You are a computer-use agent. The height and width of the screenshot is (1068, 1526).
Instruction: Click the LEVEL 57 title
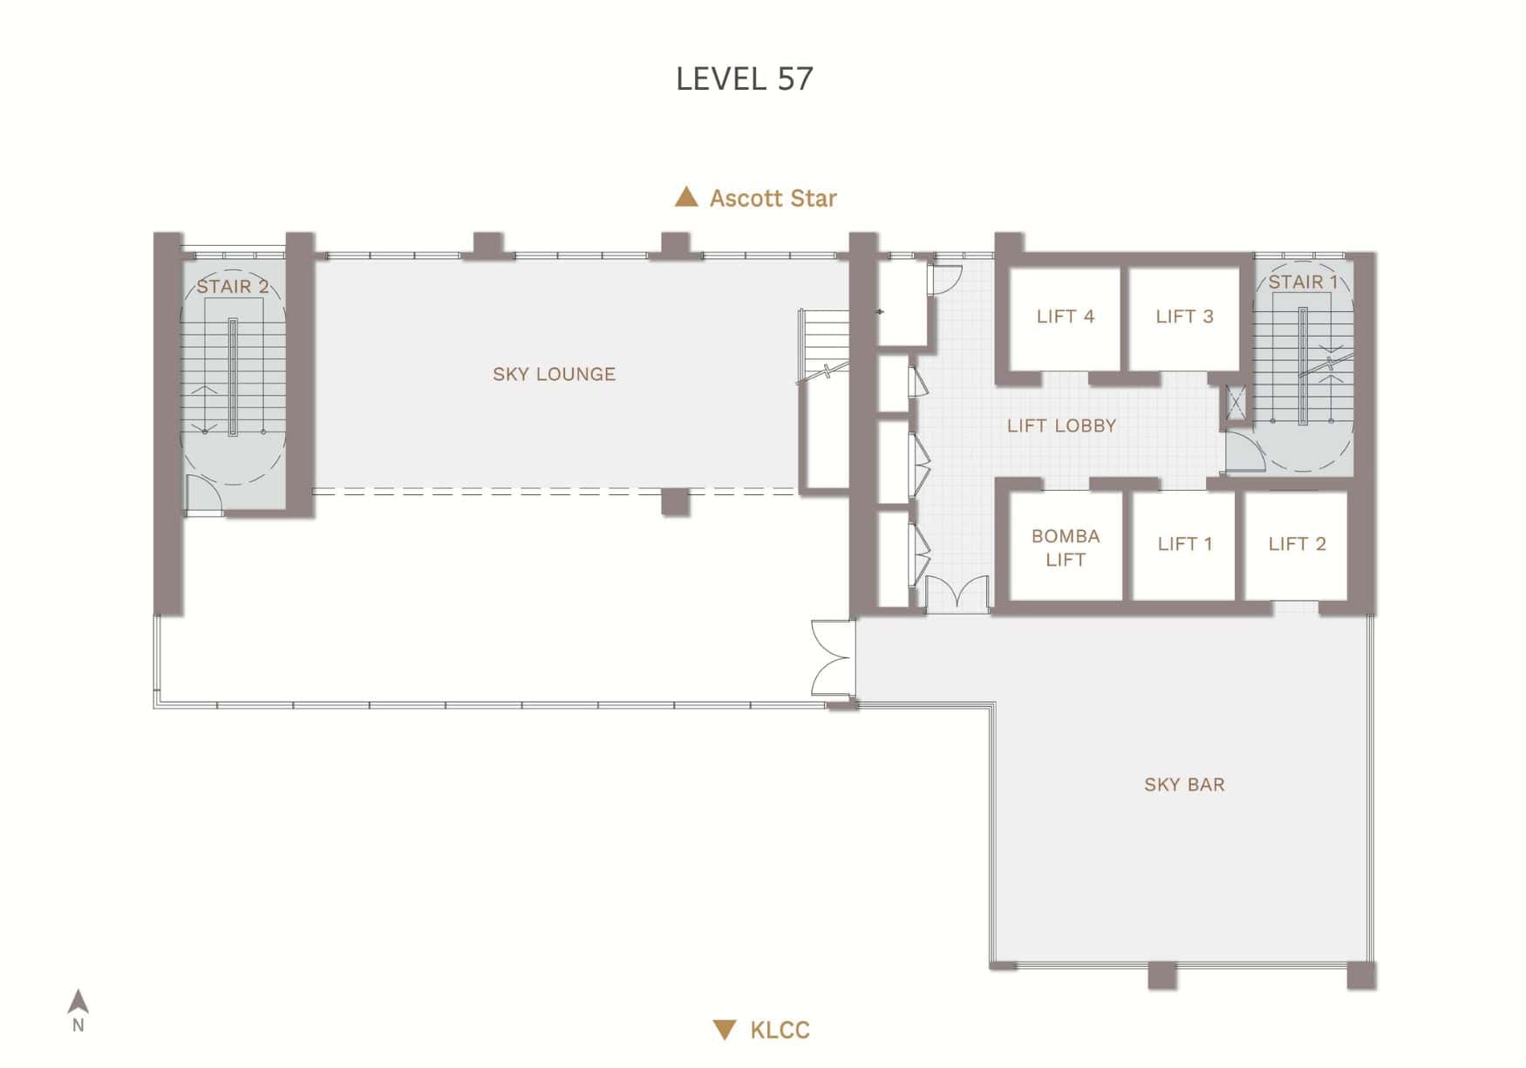point(744,79)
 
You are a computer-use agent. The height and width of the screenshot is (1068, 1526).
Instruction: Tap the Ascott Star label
point(773,199)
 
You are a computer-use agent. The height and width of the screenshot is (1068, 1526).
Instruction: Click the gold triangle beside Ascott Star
point(686,197)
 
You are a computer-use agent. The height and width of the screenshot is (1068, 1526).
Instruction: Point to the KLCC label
point(780,1031)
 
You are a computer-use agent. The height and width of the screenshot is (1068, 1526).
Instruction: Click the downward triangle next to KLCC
point(724,1030)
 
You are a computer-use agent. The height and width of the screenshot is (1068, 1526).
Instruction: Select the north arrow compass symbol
point(78,1003)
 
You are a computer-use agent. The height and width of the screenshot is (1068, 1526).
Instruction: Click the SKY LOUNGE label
point(554,375)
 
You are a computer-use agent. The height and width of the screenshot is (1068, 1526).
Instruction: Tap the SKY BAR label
point(1183,785)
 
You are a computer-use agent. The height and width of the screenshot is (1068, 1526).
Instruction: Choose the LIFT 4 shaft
point(1065,317)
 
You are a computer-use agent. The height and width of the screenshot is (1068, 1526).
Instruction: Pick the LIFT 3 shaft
point(1184,317)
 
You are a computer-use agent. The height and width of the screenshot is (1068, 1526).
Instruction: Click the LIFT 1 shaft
point(1184,544)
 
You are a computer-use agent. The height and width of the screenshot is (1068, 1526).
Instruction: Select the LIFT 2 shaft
point(1297,544)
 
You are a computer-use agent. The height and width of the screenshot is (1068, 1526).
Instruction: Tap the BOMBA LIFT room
point(1065,548)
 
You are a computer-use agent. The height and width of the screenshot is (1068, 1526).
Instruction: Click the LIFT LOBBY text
point(1061,426)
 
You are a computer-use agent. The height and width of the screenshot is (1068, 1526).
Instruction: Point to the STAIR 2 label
point(232,287)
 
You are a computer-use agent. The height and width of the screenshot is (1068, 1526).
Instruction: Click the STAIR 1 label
point(1302,282)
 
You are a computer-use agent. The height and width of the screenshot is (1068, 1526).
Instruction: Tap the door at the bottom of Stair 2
point(204,494)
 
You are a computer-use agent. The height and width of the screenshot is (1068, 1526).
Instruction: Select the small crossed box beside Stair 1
point(1236,404)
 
